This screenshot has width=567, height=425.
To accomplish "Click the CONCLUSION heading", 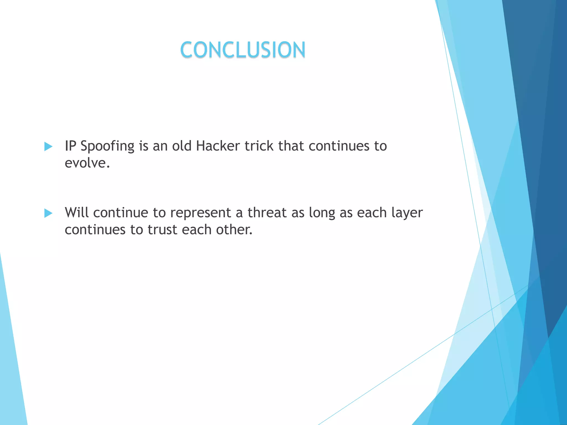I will click(x=243, y=50).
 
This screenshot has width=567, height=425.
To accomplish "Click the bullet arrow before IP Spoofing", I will click(x=48, y=146).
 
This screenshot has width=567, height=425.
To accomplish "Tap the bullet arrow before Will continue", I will click(x=48, y=213).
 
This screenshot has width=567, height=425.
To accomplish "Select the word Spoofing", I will click(x=107, y=146).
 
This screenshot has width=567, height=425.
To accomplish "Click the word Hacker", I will click(x=218, y=146).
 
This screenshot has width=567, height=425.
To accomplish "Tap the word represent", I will click(x=200, y=213).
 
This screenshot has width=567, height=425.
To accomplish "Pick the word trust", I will click(x=162, y=230).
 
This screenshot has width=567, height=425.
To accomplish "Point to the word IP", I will click(x=70, y=146).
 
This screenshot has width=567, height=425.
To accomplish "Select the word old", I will click(x=182, y=146).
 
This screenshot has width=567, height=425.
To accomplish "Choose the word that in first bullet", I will click(x=291, y=146).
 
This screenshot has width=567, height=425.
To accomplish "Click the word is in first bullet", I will click(x=143, y=146).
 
